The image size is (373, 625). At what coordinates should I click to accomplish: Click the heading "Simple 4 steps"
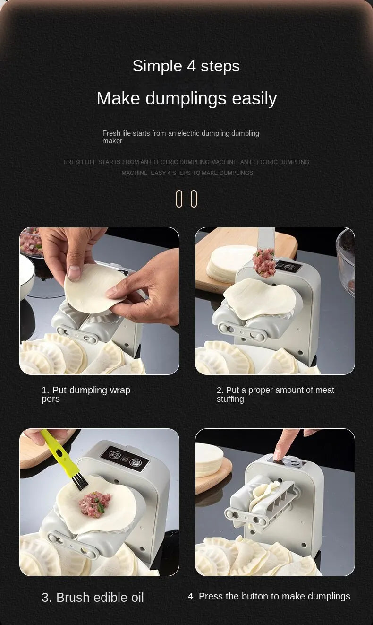click(186, 66)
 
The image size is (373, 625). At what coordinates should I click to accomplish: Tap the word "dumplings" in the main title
click(186, 99)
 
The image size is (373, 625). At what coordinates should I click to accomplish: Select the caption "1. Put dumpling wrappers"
click(87, 394)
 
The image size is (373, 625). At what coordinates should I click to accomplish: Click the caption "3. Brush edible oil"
click(93, 597)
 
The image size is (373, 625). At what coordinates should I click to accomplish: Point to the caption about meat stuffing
click(275, 394)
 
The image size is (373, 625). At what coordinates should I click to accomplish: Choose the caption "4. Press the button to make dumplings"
click(269, 596)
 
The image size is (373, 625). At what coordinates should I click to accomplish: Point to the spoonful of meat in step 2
click(264, 262)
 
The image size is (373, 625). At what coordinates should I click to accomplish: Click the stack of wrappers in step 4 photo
click(208, 460)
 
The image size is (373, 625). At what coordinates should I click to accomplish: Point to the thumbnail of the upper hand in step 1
click(74, 272)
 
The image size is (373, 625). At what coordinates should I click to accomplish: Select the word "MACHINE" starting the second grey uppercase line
click(134, 173)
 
